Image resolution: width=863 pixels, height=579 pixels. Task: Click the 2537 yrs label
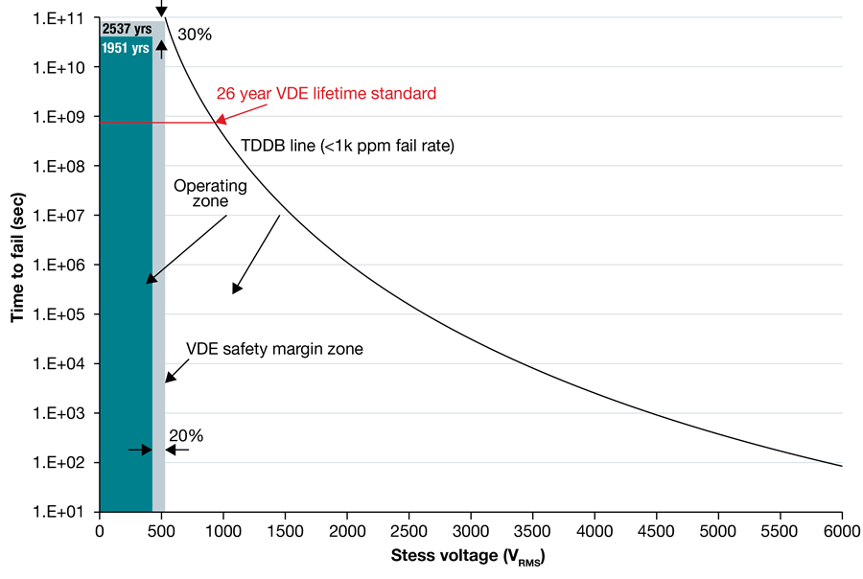[126, 28]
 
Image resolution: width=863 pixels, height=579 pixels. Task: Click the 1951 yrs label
[126, 47]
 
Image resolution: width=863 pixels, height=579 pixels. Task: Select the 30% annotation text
[195, 35]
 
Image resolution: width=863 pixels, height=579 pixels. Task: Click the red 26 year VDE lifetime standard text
[326, 94]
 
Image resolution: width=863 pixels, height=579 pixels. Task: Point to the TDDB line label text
[347, 147]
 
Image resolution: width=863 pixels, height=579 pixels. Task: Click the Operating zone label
[210, 193]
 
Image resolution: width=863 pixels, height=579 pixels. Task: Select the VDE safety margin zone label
[274, 349]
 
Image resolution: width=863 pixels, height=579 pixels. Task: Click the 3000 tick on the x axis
[470, 530]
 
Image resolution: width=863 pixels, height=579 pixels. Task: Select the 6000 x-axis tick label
[841, 530]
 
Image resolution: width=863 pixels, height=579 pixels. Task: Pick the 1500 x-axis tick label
[285, 530]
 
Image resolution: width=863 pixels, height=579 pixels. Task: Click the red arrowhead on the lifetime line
[221, 121]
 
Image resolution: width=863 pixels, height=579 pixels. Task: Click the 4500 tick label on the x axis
[656, 530]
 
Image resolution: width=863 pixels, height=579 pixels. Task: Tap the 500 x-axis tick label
[161, 530]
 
